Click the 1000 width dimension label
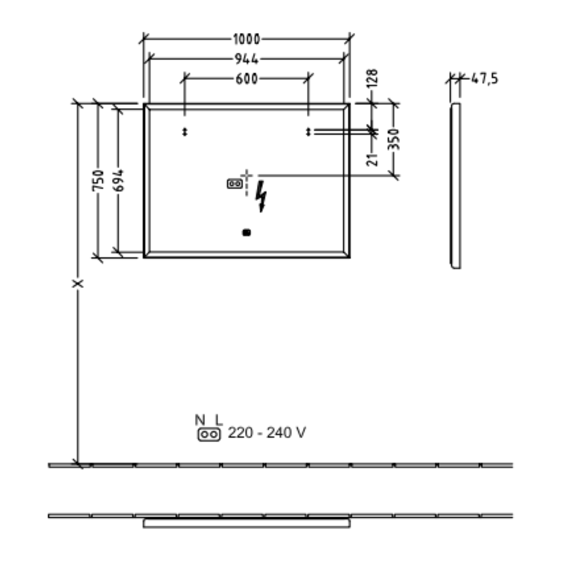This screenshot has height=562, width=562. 246,39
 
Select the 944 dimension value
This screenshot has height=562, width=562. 247,59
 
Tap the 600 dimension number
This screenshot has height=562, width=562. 247,79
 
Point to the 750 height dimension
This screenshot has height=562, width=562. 98,180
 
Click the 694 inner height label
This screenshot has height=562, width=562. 119,180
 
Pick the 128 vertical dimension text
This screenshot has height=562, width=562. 372,78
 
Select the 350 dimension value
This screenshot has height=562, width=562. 393,139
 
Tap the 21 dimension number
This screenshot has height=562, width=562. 372,159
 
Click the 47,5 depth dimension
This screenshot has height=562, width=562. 485,79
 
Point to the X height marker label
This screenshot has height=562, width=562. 78,284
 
